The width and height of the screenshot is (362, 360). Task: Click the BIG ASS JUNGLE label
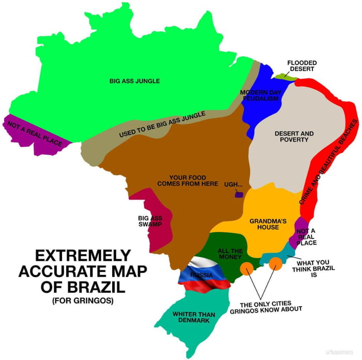coord(134,81)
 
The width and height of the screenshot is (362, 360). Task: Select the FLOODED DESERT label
coord(303,66)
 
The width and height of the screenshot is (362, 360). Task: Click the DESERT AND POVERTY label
coord(294,136)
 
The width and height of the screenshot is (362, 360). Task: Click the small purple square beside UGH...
coord(238,194)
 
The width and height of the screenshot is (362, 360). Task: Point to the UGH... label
coord(233,184)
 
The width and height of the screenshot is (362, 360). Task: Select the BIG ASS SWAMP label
coord(150,221)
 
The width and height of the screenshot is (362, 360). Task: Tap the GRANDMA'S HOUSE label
coord(264,224)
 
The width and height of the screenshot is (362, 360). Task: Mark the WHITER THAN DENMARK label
coord(193,317)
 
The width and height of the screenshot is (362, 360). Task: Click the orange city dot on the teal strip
coord(275,263)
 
